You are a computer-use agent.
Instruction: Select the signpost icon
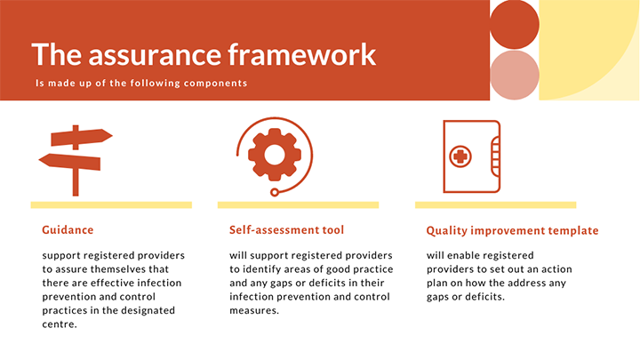76,159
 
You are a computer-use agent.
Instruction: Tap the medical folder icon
471,156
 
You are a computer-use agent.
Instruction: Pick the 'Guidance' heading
68,229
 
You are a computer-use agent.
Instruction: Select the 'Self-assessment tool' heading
286,229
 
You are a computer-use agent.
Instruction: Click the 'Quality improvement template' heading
512,230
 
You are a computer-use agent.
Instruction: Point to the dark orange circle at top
515,24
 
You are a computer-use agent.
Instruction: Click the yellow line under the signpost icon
111,204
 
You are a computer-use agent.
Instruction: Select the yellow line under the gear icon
298,204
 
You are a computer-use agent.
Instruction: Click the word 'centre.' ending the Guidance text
60,324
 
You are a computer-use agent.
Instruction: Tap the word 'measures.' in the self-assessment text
254,310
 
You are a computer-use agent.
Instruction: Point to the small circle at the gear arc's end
275,191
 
